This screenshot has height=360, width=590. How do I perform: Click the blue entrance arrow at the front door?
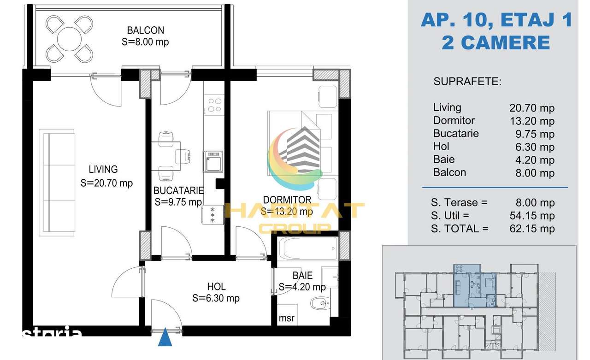coord(165,337)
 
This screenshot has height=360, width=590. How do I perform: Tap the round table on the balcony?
coord(69,39)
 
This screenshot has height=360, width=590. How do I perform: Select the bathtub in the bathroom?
coord(307,248)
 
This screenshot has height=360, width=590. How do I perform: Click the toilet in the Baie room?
coord(320,303)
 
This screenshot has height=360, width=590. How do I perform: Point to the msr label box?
coord(287,315)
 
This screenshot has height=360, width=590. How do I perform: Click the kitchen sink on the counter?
coord(213,161)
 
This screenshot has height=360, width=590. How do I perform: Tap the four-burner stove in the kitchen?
coord(214,105)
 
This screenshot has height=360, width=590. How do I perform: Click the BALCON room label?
coord(145,30)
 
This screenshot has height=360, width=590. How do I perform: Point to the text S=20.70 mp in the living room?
coord(106,183)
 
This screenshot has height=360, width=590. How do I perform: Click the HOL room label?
coord(216,287)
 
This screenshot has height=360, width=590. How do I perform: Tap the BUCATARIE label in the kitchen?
coord(178,190)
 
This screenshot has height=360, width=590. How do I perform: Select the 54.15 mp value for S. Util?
coord(532,216)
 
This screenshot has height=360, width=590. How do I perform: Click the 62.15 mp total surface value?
coord(532,229)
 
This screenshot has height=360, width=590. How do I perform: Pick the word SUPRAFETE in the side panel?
coord(467,82)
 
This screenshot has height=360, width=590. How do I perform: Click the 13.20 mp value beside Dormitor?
coord(532,121)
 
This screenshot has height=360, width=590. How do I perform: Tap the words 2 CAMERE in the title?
coord(496,43)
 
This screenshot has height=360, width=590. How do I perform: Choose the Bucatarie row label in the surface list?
coord(456,134)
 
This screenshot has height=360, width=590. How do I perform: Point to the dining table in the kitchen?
coord(165,156)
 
